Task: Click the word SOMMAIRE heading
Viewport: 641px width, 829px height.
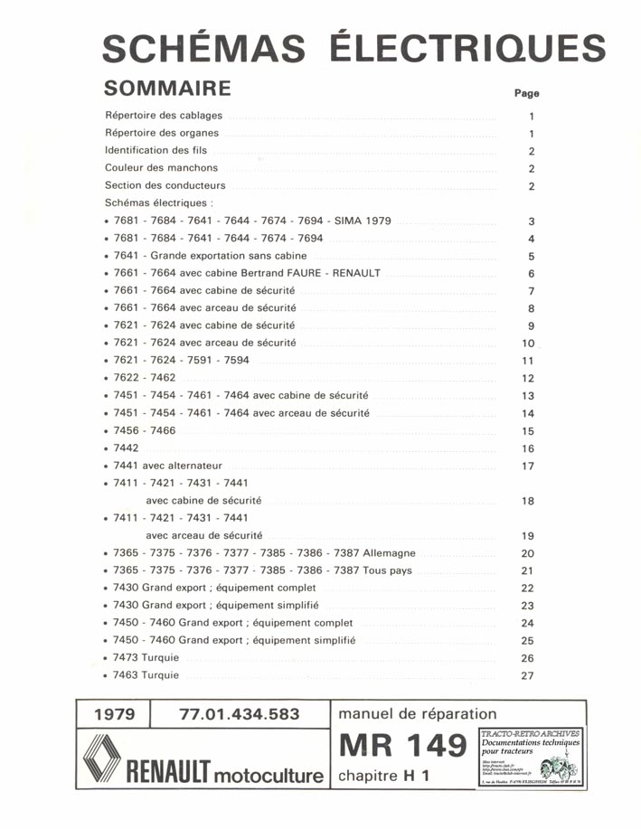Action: (168, 89)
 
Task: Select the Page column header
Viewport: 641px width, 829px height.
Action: (526, 92)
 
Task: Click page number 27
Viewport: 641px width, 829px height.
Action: (529, 675)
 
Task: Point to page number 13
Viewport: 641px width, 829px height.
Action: (529, 396)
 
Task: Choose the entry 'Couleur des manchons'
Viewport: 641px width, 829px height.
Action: (161, 168)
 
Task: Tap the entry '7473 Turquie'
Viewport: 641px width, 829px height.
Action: (146, 658)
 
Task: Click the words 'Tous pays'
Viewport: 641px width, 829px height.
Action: (387, 570)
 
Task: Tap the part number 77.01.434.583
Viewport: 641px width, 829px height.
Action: (240, 714)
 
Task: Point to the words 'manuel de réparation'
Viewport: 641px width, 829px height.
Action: (417, 714)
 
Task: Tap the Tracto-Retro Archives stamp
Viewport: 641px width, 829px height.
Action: (530, 756)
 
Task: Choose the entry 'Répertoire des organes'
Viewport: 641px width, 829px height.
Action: (162, 133)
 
